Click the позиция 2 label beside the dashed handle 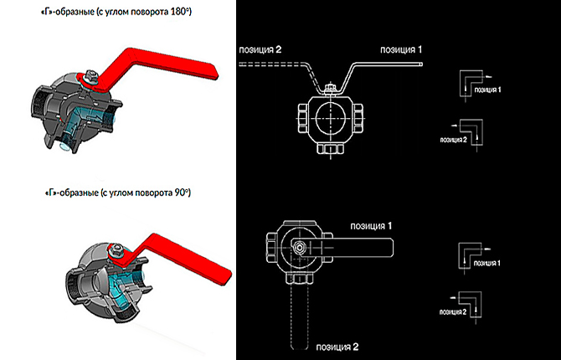click(260, 50)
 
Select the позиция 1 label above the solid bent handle click(401, 50)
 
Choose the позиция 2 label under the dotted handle click(337, 346)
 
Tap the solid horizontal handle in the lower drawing click(368, 247)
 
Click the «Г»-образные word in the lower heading click(68, 193)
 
